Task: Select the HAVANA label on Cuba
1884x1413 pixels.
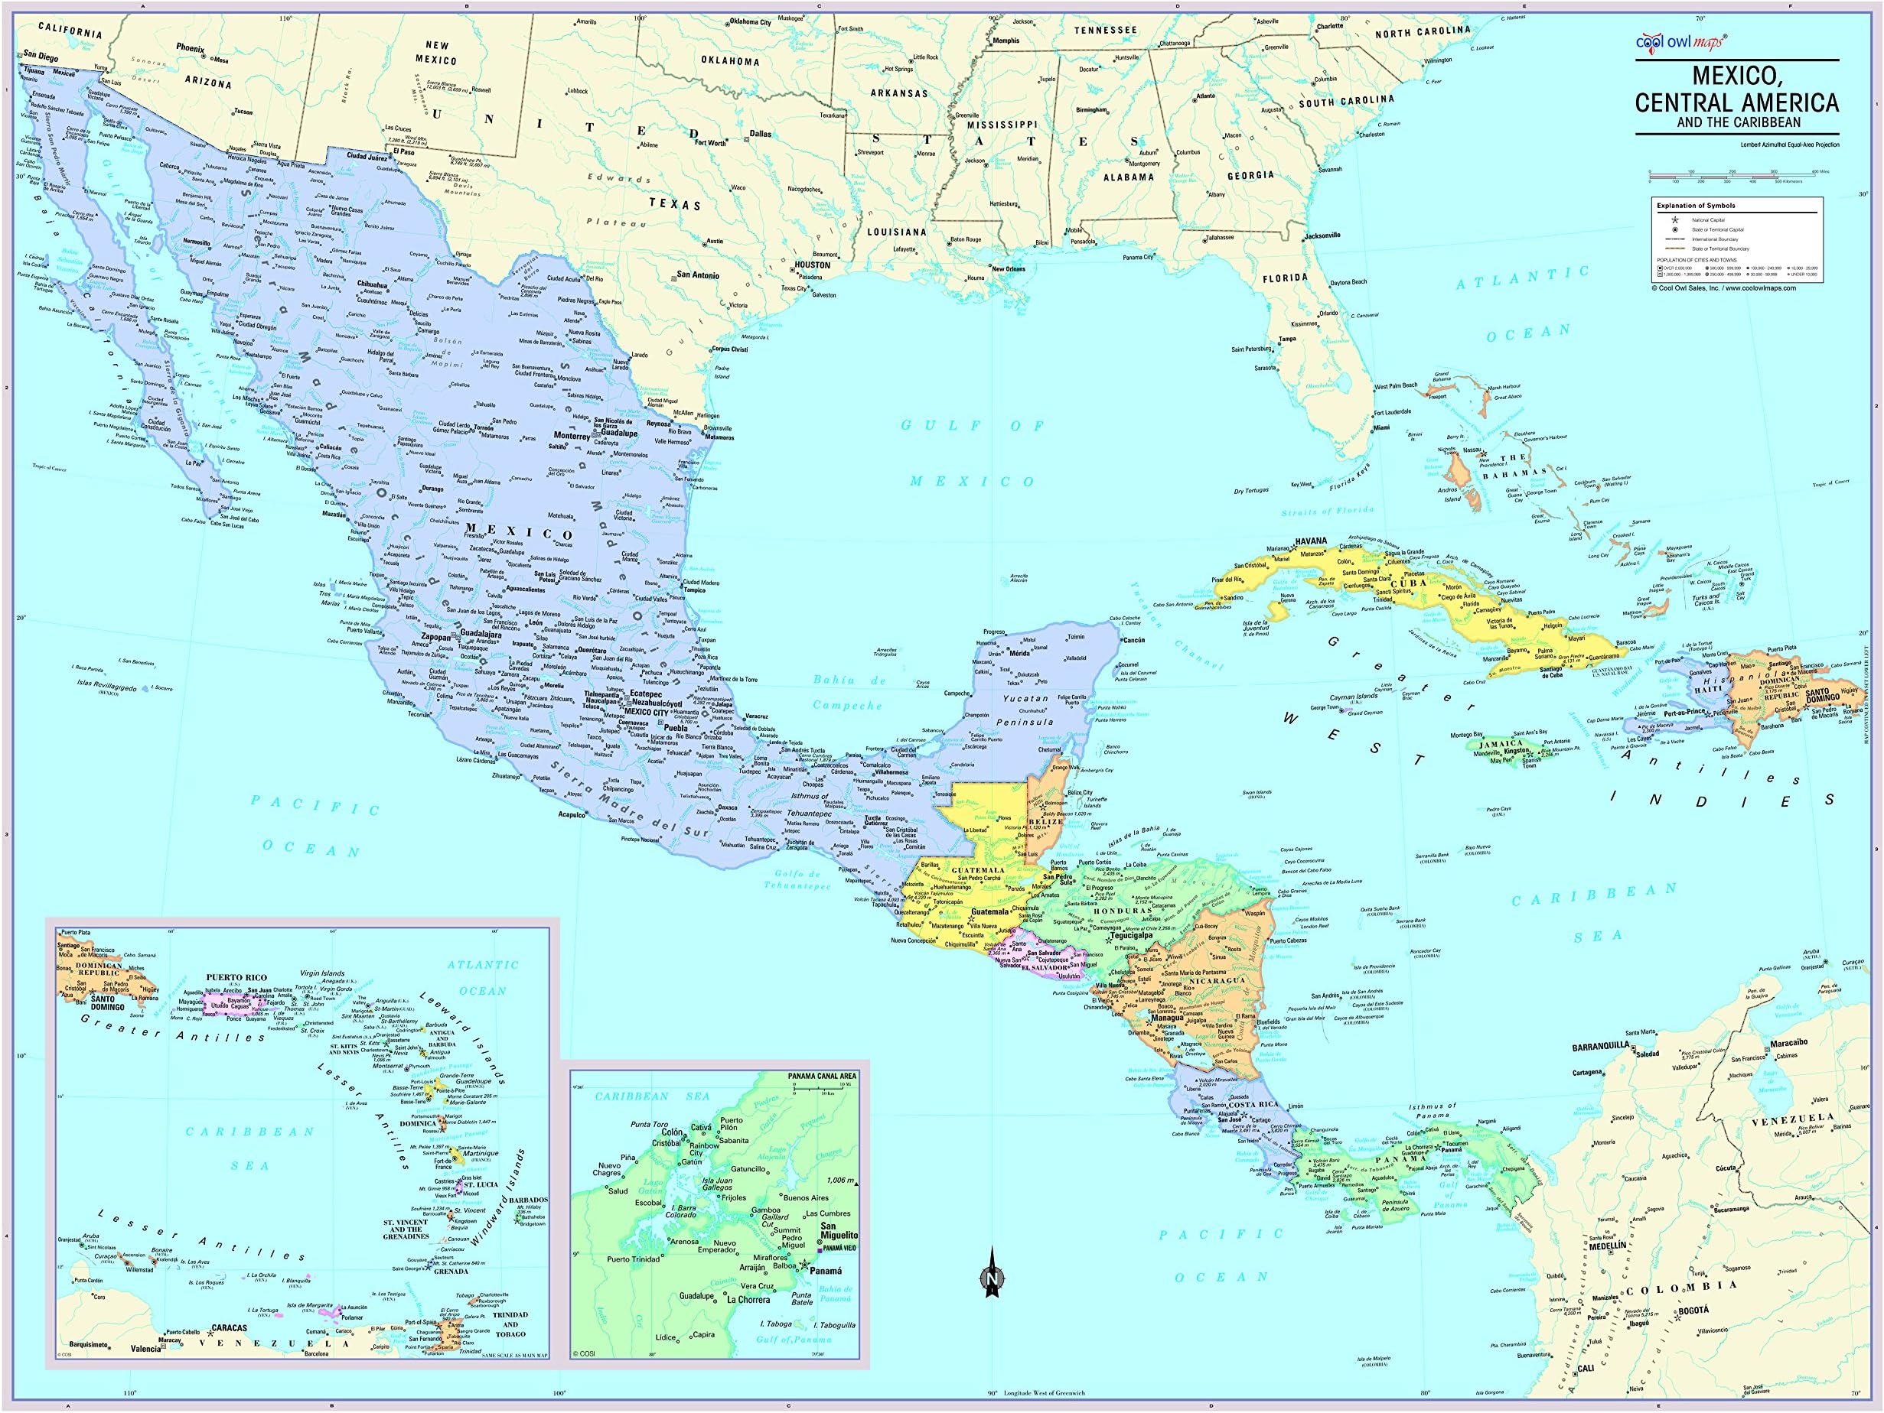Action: pyautogui.click(x=1312, y=541)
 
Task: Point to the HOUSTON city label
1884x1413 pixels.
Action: pyautogui.click(x=812, y=265)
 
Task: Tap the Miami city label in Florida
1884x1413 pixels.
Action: pyautogui.click(x=1380, y=427)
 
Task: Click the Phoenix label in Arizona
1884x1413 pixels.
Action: pyautogui.click(x=190, y=47)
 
